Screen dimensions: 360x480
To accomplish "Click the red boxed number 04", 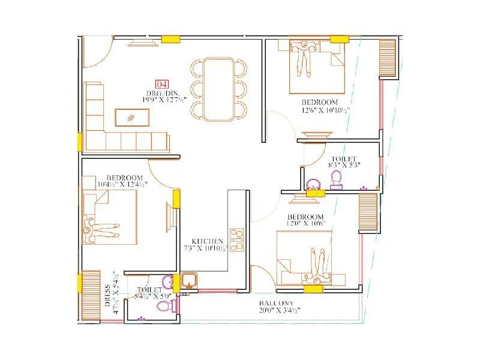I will click(162, 85).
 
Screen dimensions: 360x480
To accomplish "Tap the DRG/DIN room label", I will click(161, 93).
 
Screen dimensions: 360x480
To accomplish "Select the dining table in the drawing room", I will click(218, 89).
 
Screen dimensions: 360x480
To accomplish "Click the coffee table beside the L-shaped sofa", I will click(133, 116).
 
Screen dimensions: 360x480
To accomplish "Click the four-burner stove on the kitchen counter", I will click(238, 239).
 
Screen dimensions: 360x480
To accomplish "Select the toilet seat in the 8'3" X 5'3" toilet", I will click(336, 178).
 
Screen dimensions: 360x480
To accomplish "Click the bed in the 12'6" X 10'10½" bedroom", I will click(316, 71).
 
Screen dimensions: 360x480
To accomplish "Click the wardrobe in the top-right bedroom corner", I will click(388, 59).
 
